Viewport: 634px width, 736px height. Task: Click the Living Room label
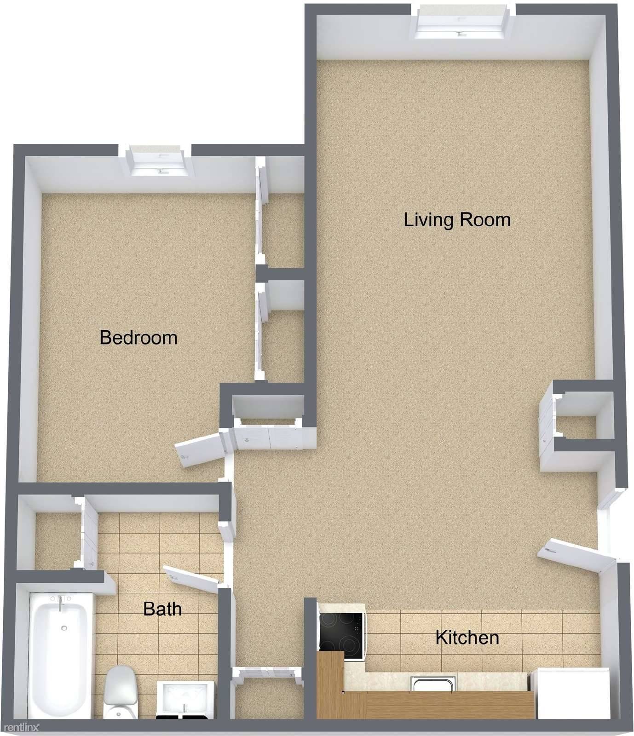click(x=457, y=220)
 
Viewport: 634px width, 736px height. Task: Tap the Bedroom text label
click(x=138, y=338)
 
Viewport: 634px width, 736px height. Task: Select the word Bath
click(x=162, y=609)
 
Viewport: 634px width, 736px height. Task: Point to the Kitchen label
click(x=467, y=638)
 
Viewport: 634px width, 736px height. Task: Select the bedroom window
click(x=159, y=161)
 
